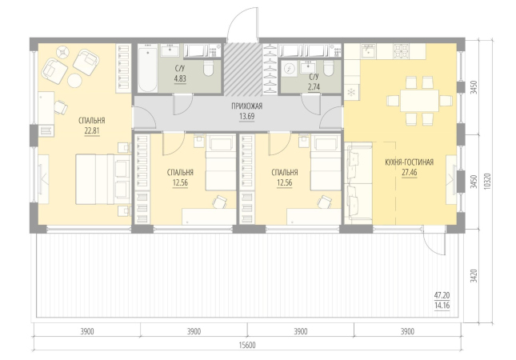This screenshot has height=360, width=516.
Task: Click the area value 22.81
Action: [x=92, y=131]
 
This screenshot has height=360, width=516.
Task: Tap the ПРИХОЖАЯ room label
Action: [x=247, y=106]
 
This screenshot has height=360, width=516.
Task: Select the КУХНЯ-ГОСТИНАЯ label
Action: [x=409, y=162]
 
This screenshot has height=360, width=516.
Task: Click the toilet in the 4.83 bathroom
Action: [x=208, y=68]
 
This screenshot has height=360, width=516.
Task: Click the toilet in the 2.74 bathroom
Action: [x=328, y=68]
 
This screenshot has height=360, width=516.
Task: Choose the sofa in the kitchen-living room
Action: [x=358, y=183]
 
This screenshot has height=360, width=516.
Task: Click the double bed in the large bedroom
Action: [x=103, y=179]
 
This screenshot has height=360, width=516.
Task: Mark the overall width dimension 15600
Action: [x=247, y=345]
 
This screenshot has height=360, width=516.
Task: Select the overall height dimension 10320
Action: [x=487, y=181]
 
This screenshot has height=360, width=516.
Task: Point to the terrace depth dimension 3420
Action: [x=474, y=276]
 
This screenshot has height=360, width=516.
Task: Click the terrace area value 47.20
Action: [x=442, y=295]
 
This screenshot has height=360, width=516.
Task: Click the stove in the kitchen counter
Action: [x=402, y=51]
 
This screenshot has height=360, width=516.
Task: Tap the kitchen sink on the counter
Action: [x=368, y=50]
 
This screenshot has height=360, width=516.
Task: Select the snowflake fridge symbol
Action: [x=351, y=93]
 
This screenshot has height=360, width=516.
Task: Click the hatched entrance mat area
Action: [x=242, y=69]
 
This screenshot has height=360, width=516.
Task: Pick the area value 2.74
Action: [x=314, y=87]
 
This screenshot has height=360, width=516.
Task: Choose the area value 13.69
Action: [x=247, y=117]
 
